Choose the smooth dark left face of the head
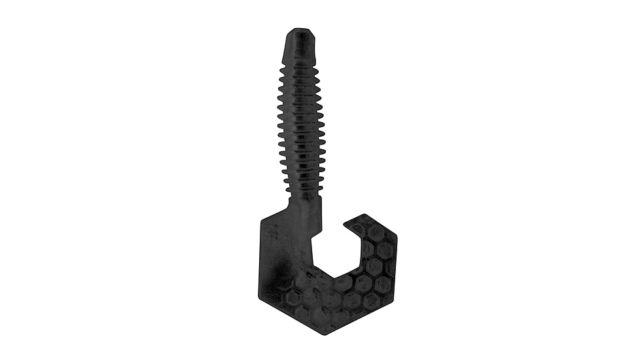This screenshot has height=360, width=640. [278, 262]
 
